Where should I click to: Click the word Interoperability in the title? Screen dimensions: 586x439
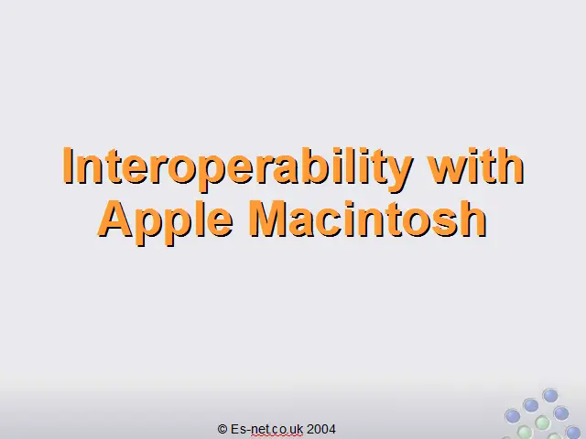[x=237, y=168]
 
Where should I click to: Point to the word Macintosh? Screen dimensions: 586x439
[x=368, y=219]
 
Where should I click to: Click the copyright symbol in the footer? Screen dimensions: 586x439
[x=222, y=429]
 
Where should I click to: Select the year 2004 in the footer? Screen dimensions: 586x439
[x=321, y=429]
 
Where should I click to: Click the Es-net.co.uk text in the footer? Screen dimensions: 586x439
[x=266, y=429]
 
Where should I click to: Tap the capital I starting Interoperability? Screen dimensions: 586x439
[x=67, y=165]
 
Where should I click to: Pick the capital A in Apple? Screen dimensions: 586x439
[x=116, y=219]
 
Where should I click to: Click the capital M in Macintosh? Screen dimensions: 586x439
[x=267, y=219]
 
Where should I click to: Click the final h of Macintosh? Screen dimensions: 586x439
[x=473, y=219]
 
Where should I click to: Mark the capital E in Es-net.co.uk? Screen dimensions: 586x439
[x=234, y=429]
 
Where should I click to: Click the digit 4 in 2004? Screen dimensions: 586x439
[x=331, y=429]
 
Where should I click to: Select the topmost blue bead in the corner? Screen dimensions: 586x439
[x=550, y=395]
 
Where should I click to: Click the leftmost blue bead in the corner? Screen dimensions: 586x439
[x=513, y=416]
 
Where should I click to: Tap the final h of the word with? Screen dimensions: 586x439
[x=511, y=165]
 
